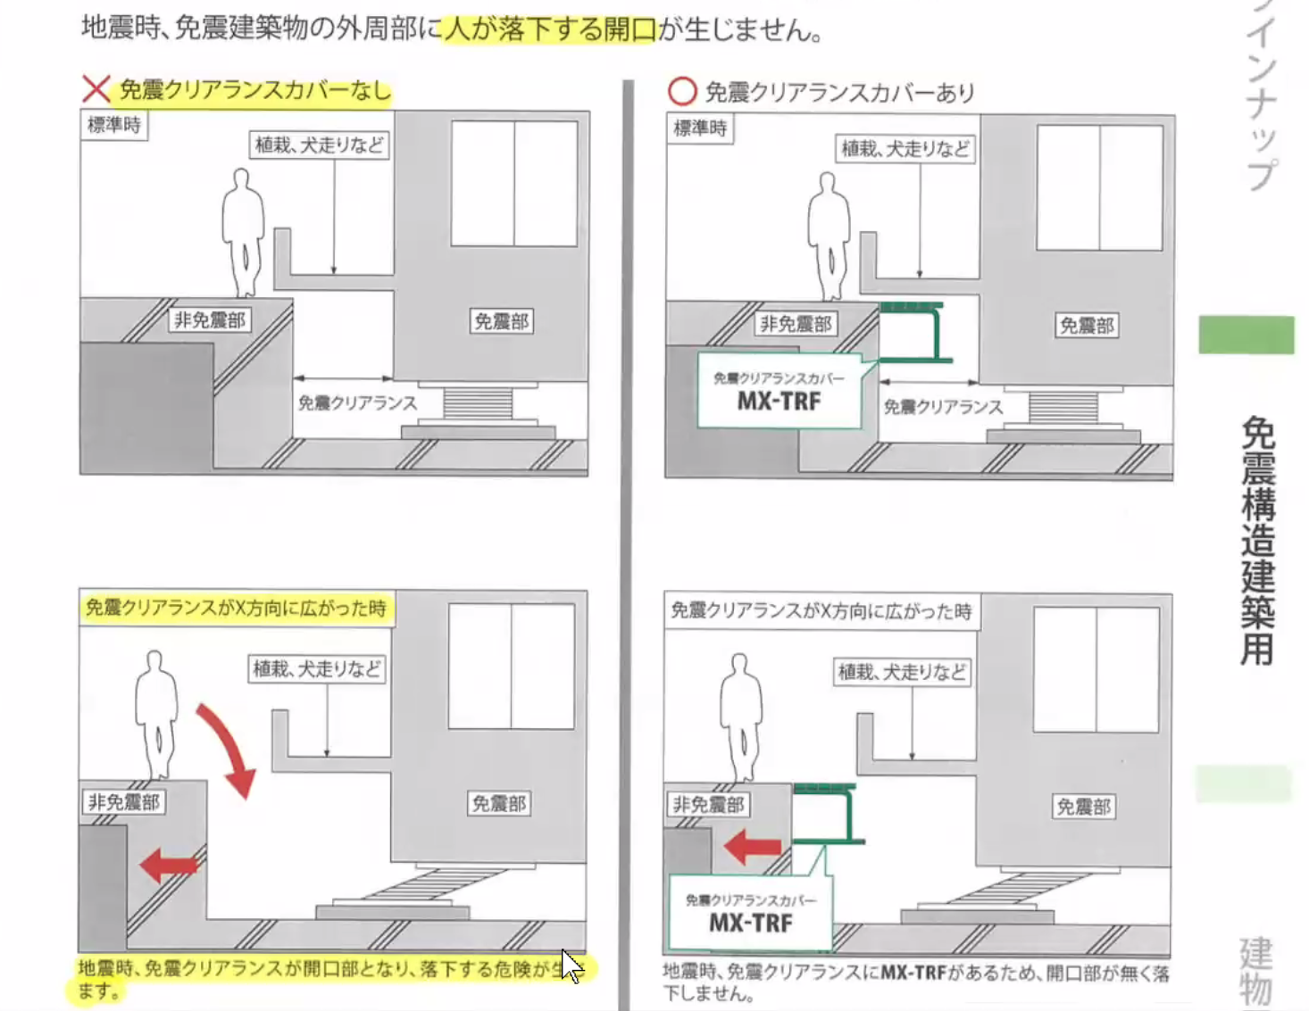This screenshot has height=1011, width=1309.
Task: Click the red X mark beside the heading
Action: [96, 89]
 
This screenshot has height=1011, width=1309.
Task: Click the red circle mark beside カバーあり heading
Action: [682, 92]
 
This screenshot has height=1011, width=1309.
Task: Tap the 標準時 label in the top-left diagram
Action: [114, 125]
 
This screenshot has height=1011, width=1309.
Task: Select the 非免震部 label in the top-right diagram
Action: [796, 325]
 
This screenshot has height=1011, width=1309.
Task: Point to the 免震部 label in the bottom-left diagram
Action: [499, 803]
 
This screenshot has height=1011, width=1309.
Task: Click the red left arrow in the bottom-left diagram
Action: [169, 866]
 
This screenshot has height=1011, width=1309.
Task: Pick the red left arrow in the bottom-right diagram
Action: [753, 847]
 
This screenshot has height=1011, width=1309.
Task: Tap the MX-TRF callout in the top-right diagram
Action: [780, 391]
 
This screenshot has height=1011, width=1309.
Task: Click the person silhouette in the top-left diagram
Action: [243, 233]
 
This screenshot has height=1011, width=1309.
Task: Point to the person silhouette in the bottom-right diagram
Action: [741, 718]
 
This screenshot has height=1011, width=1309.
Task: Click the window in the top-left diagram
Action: [514, 184]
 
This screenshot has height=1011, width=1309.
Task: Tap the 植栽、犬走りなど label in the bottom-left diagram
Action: [317, 669]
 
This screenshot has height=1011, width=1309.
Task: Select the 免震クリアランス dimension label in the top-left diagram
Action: [357, 402]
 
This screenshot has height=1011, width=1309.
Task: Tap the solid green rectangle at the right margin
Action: [1246, 335]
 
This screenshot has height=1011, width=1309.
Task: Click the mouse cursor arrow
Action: [571, 965]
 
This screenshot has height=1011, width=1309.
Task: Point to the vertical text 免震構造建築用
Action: [1258, 541]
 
